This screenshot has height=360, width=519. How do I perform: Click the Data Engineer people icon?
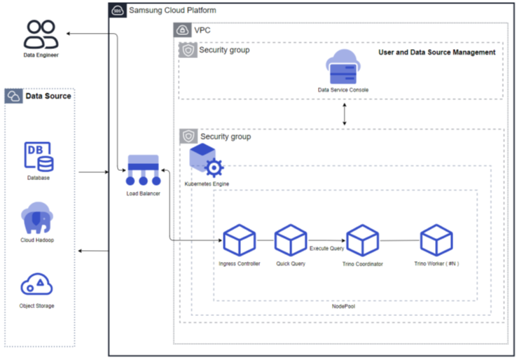40,33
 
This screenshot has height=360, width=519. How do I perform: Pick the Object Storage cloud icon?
37,284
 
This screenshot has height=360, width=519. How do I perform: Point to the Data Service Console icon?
343,67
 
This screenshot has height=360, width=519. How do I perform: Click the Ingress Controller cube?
240,240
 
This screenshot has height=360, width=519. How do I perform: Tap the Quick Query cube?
291,240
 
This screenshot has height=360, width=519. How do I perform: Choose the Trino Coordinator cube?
363,240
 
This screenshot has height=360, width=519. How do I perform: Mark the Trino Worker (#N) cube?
436,240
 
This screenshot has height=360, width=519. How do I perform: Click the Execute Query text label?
327,249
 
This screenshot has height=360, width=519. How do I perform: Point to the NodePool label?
345,307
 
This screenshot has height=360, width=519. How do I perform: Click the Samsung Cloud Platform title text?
172,11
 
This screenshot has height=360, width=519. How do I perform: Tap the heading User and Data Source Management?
436,53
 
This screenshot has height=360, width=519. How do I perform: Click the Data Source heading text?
48,96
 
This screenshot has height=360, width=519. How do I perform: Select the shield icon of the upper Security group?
188,50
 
